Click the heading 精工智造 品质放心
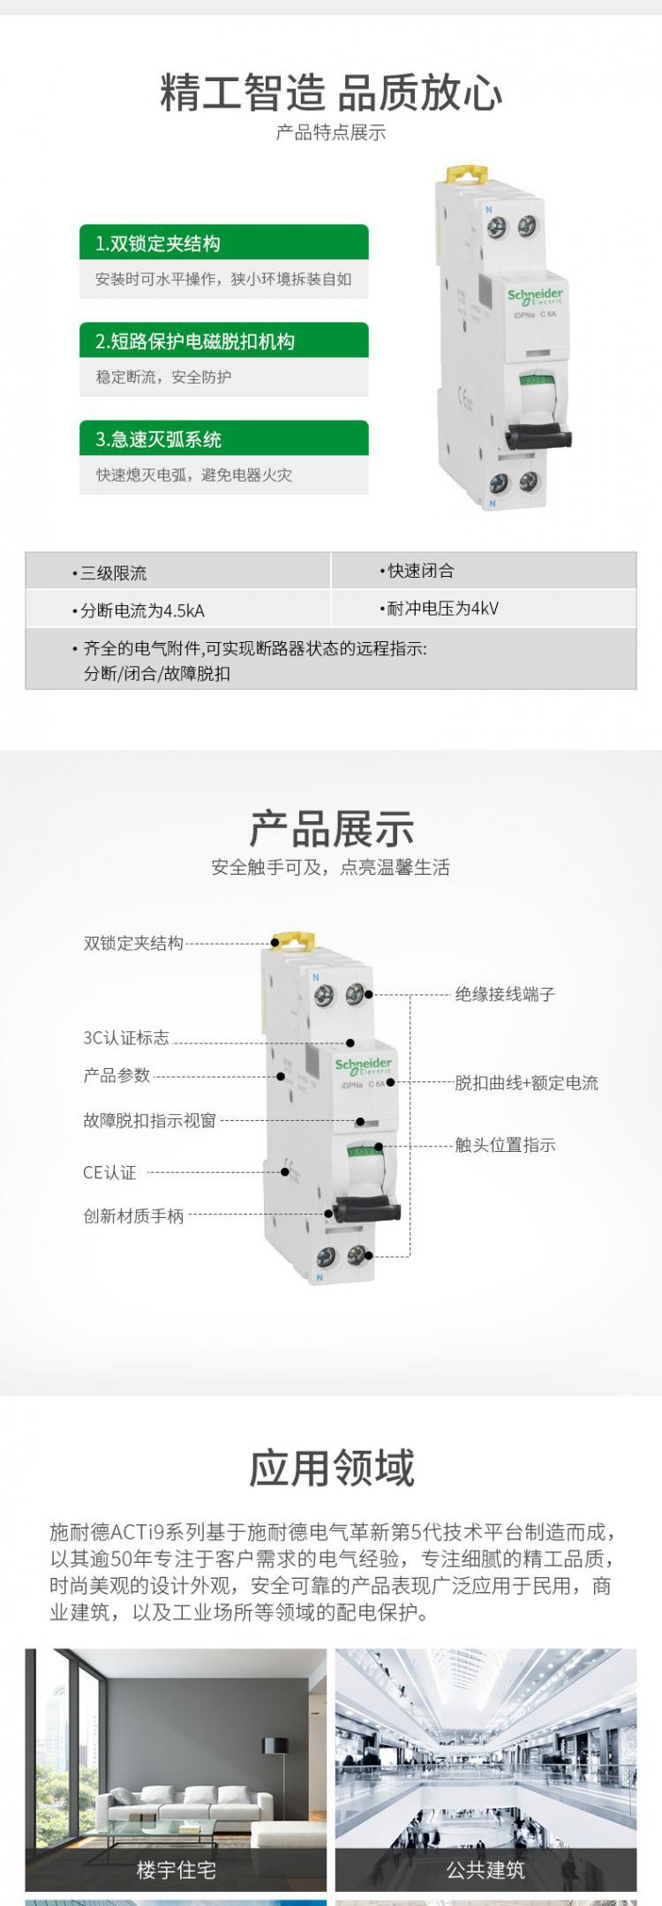point(331,93)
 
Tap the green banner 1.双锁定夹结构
point(223,243)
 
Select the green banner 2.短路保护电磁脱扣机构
point(223,340)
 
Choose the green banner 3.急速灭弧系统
point(223,438)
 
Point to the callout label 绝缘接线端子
point(505,994)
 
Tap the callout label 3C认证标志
point(126,1038)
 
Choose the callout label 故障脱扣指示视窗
point(149,1120)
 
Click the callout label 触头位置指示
point(505,1145)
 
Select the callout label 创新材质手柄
point(133,1215)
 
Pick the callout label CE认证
point(109,1172)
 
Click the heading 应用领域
point(331,1468)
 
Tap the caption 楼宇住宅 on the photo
point(176,1869)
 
